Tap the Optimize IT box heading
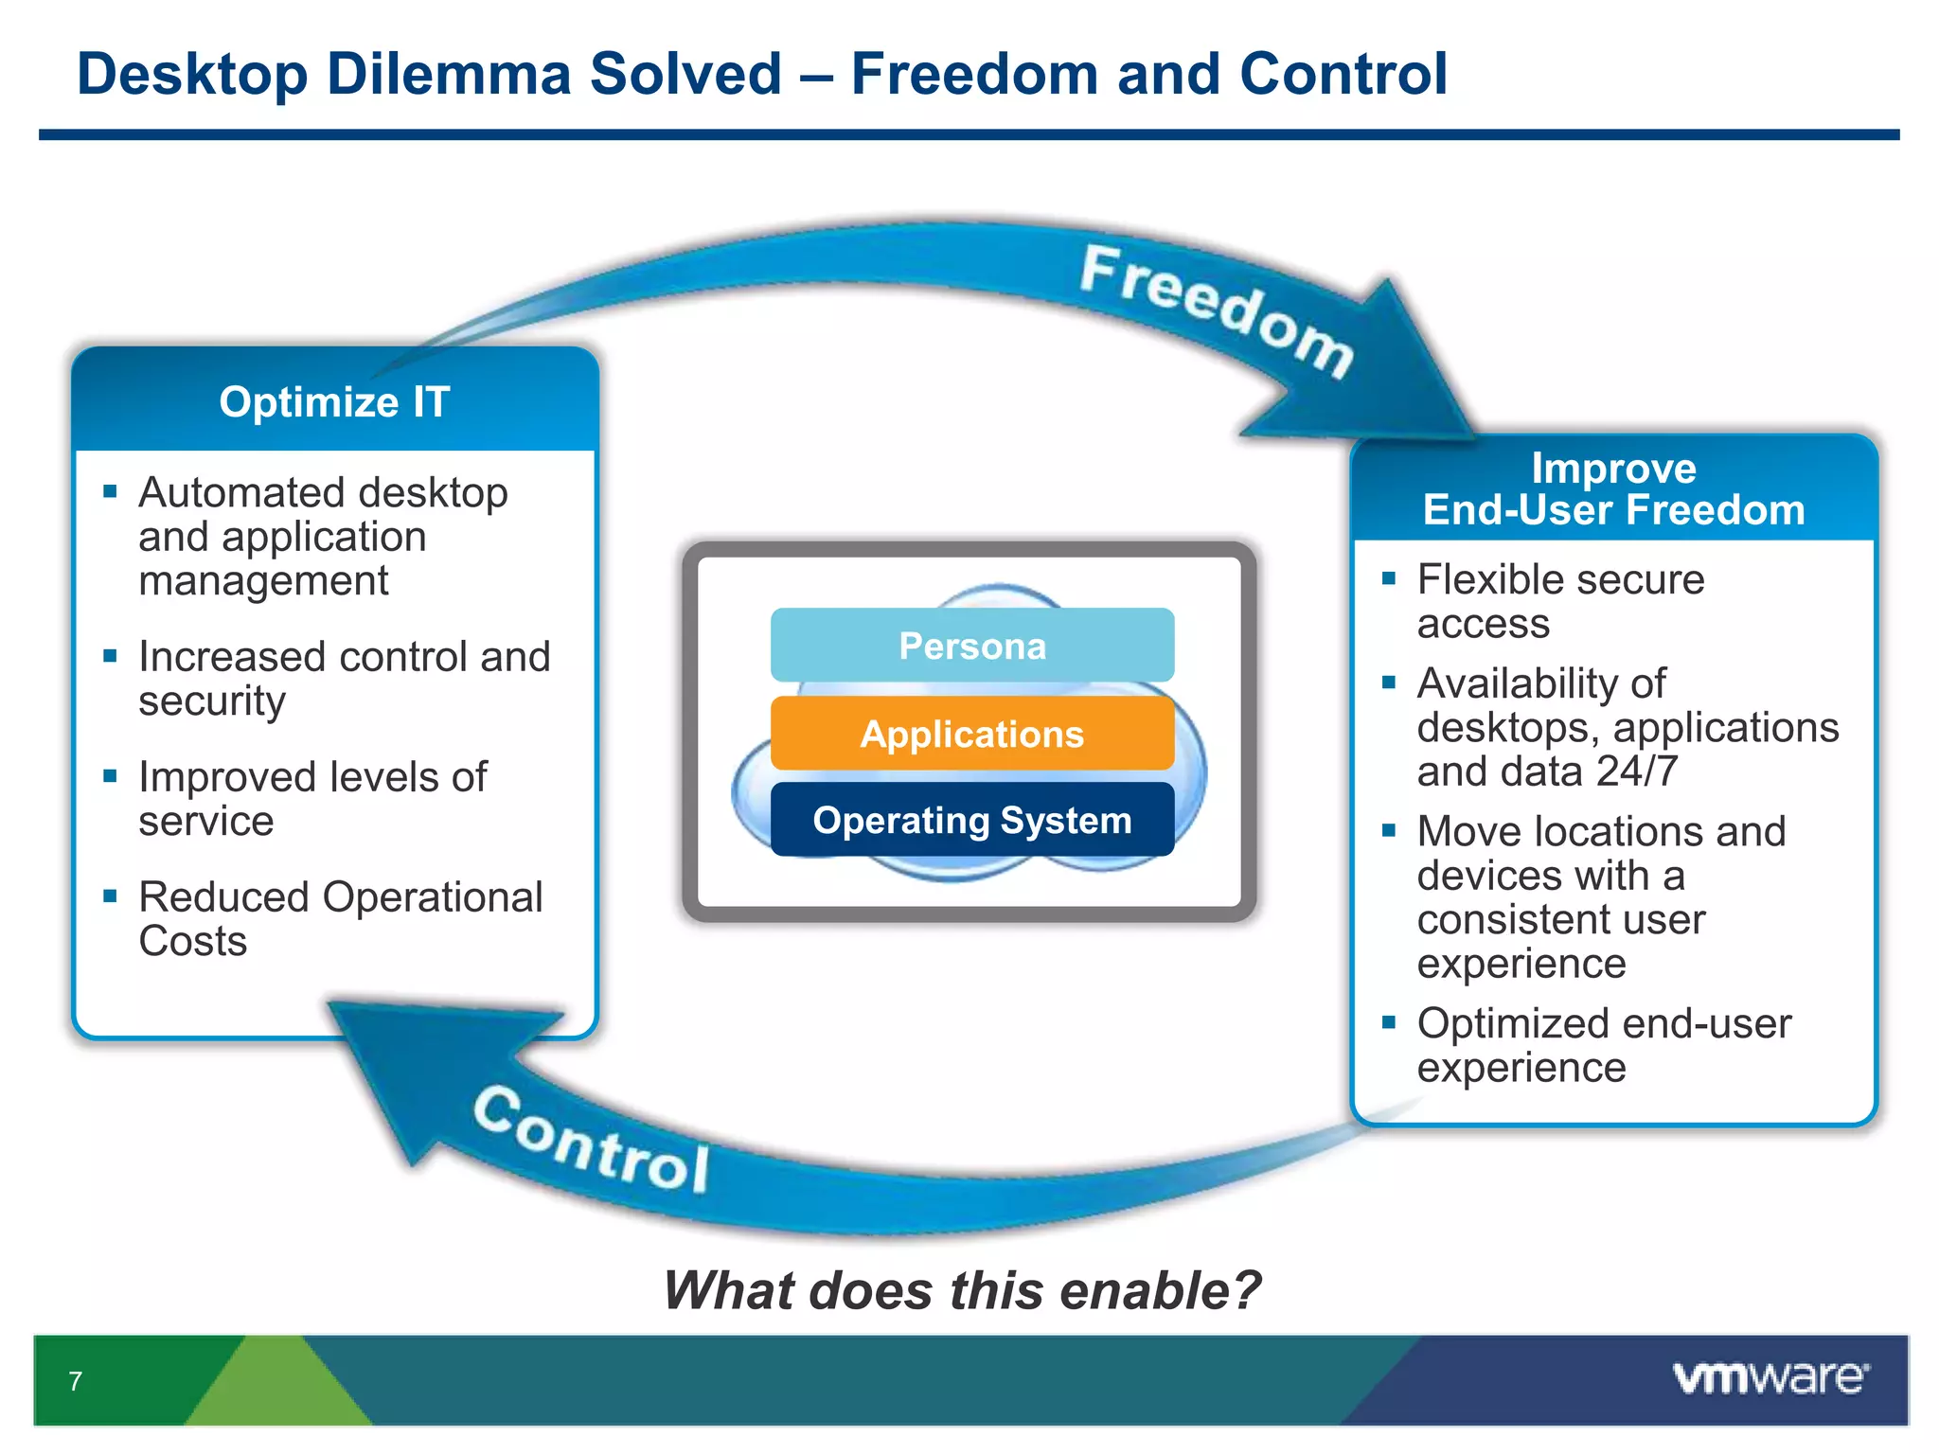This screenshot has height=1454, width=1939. pyautogui.click(x=334, y=401)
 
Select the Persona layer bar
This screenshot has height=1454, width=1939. pyautogui.click(x=972, y=646)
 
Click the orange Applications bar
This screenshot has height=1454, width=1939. pyautogui.click(x=972, y=734)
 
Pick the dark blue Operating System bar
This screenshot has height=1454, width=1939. pyautogui.click(x=972, y=820)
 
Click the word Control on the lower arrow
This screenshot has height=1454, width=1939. pyautogui.click(x=592, y=1141)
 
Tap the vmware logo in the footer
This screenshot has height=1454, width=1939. pyautogui.click(x=1770, y=1377)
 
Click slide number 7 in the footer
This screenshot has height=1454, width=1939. pyautogui.click(x=76, y=1381)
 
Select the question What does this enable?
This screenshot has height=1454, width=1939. pyautogui.click(x=962, y=1290)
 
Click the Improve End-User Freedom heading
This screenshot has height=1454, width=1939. pyautogui.click(x=1613, y=489)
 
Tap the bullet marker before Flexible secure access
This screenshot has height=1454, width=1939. pyautogui.click(x=1389, y=578)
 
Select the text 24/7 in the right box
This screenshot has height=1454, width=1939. pyautogui.click(x=1637, y=771)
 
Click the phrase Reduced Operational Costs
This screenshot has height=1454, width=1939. pyautogui.click(x=340, y=918)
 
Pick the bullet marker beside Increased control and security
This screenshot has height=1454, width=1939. pyautogui.click(x=111, y=655)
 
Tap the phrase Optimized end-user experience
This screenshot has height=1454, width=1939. pyautogui.click(x=1604, y=1045)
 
